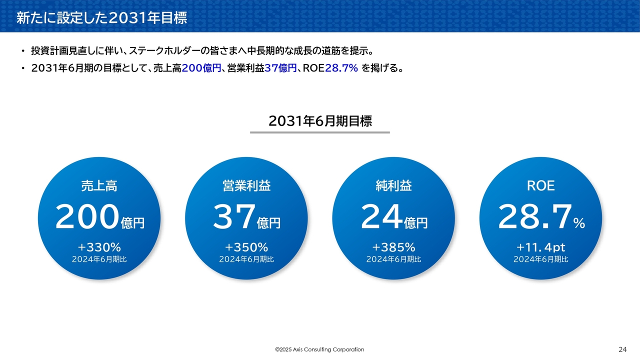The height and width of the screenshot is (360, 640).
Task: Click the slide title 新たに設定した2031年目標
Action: (101, 17)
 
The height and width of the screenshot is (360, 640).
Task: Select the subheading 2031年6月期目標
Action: (320, 121)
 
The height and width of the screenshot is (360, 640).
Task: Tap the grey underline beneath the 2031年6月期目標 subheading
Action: (320, 132)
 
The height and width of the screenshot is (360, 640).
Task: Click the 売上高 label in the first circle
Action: (99, 185)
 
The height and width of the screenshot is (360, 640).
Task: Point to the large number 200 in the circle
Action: (87, 216)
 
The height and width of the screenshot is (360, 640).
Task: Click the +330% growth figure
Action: (99, 247)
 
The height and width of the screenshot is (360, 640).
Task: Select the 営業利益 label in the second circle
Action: (246, 185)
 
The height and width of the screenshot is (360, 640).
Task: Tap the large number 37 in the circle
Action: (234, 216)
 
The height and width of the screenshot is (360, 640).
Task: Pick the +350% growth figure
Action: (246, 247)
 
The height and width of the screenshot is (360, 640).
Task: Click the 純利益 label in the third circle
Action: (393, 185)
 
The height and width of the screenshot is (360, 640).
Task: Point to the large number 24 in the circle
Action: (381, 216)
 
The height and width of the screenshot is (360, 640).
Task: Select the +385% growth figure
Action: (393, 247)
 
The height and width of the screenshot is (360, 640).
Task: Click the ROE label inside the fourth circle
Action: (541, 185)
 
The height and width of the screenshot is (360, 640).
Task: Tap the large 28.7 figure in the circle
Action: (534, 216)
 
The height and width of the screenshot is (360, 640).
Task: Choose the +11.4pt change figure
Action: (541, 247)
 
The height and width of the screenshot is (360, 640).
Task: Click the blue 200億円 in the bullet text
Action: (201, 68)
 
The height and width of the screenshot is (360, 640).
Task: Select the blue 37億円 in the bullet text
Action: (280, 68)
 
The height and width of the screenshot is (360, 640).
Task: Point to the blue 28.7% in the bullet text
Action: (341, 68)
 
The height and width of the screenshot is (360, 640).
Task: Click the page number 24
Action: (622, 349)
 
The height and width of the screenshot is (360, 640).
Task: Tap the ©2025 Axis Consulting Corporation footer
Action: (319, 349)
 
